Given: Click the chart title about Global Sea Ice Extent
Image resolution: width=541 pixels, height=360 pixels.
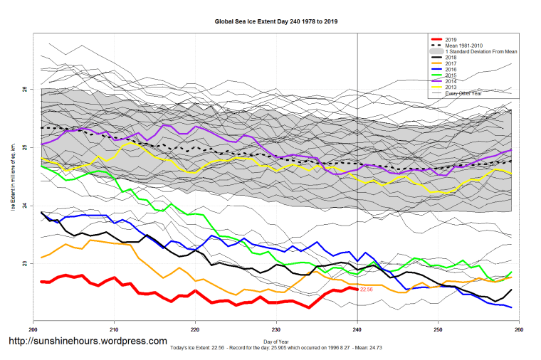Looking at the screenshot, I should click(x=276, y=21).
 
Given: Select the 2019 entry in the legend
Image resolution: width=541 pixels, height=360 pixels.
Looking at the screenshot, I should click(x=450, y=38).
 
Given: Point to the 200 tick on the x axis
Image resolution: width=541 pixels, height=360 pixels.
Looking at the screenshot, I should click(x=33, y=329).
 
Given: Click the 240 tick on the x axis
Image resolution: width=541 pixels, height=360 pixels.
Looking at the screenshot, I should click(x=357, y=329).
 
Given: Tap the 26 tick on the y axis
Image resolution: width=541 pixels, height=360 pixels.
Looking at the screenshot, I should click(x=24, y=89).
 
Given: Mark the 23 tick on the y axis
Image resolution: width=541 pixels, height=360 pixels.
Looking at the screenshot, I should click(x=24, y=264).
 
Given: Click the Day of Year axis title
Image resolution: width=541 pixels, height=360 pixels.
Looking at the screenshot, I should click(x=276, y=342).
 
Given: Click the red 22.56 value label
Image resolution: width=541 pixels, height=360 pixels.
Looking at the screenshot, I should click(x=367, y=290).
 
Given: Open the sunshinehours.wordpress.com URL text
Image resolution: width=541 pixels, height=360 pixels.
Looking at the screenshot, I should click(x=87, y=341).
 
